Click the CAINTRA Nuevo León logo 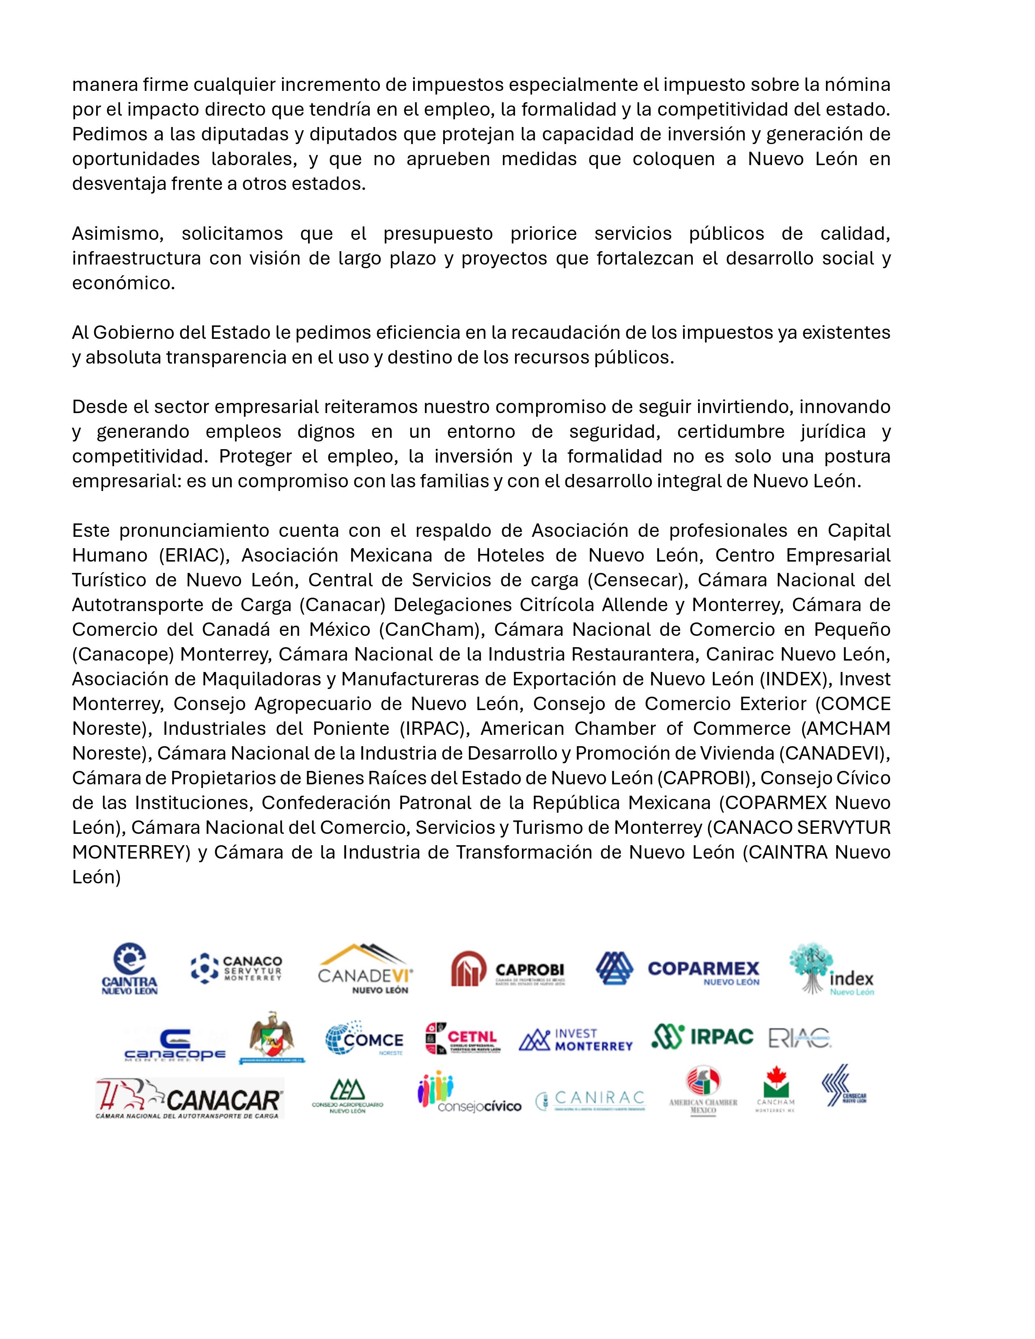[x=129, y=969]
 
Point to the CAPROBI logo [x=508, y=969]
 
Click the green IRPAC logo [x=702, y=1037]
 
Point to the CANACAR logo [x=190, y=1099]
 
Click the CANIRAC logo [x=591, y=1100]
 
